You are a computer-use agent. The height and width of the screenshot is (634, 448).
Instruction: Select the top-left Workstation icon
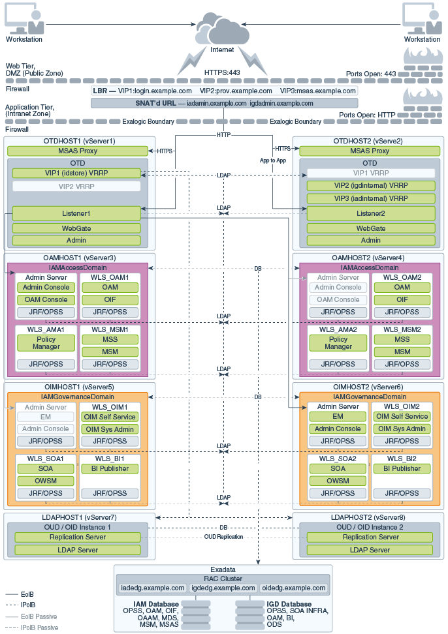(24, 19)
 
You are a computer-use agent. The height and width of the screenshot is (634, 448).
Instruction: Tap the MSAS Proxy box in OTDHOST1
(78, 151)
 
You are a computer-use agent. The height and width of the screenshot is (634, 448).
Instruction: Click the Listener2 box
(371, 213)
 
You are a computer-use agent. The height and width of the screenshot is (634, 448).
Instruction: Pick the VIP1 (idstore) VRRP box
(76, 173)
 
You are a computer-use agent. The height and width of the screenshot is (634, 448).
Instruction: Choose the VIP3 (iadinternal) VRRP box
(371, 198)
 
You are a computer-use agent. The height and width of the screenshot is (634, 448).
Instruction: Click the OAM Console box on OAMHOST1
(46, 299)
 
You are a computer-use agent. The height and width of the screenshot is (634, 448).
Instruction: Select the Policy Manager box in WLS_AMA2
(338, 343)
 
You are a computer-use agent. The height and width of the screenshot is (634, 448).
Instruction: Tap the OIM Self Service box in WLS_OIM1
(110, 417)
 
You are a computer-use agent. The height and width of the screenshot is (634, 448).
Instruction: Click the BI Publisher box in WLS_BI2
(402, 468)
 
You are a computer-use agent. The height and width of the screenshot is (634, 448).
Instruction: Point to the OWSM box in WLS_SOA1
(46, 481)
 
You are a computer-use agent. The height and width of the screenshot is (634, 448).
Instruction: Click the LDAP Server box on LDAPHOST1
(78, 550)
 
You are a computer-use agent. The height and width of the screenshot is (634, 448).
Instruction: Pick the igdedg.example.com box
(223, 588)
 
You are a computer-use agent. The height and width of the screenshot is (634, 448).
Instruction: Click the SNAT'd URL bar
(224, 103)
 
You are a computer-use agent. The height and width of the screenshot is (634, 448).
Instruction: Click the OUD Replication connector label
(224, 537)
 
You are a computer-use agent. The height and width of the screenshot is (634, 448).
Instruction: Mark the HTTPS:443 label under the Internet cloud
(222, 72)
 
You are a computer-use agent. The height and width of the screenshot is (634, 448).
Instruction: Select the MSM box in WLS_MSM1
(110, 352)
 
